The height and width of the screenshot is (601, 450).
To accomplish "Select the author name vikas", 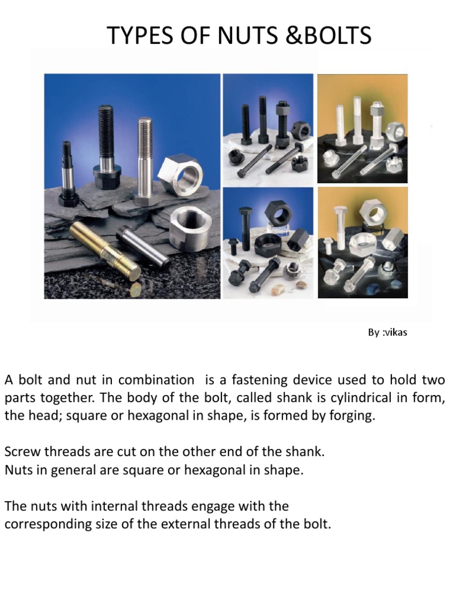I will pos(394,332).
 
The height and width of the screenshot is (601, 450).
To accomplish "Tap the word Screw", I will pos(22,452).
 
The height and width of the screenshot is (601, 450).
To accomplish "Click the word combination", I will pos(156,380).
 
